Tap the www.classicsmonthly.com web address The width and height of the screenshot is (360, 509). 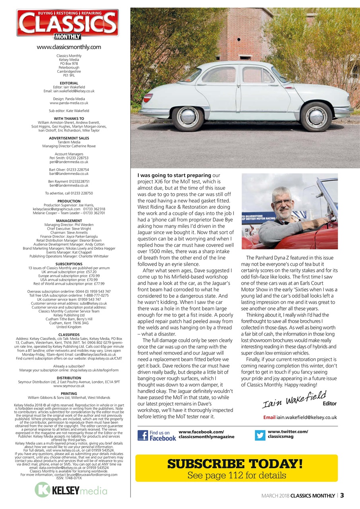pos(69,47)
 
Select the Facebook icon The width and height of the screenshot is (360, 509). pos(143,435)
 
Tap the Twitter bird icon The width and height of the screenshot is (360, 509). pos(260,435)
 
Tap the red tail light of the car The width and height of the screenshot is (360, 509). pos(148,98)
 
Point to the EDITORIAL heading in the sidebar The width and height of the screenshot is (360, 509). pos(69,83)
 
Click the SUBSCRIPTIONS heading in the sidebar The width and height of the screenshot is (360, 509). pos(69,264)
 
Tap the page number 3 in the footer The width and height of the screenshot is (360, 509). pos(342,495)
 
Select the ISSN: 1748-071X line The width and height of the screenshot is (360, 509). pos(69,478)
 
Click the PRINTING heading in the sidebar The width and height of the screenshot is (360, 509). pos(69,394)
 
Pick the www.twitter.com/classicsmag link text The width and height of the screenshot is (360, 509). pos(288,434)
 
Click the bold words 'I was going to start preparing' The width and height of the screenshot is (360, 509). pos(174,175)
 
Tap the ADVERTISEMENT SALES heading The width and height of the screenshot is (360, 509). pos(69,138)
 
